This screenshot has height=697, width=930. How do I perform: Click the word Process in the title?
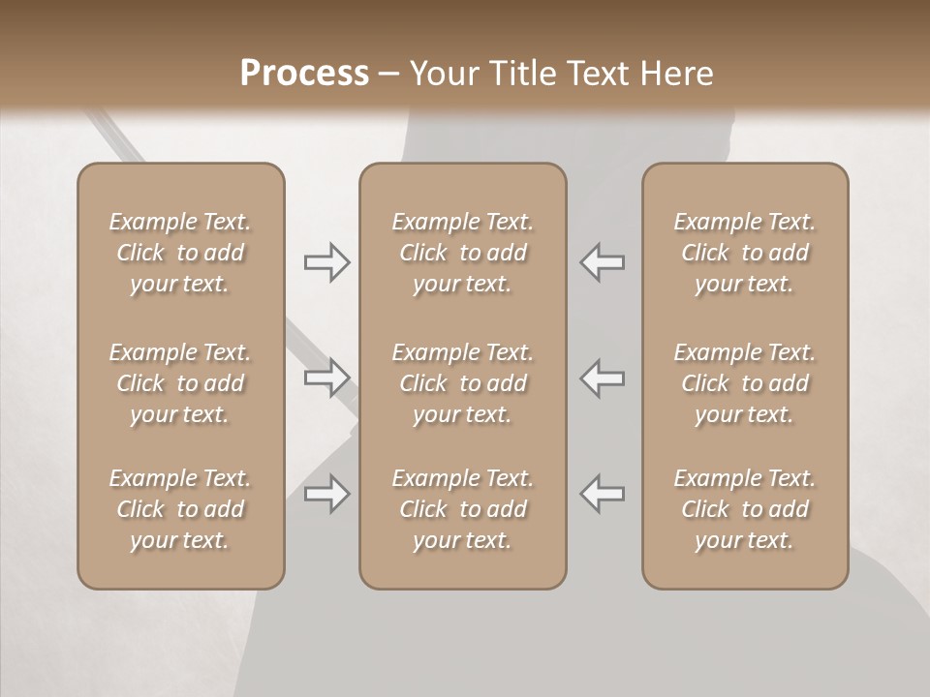(304, 73)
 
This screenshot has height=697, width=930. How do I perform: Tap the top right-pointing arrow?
(326, 262)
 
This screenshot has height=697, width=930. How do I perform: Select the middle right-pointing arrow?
(326, 377)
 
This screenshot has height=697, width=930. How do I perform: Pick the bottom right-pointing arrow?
(326, 494)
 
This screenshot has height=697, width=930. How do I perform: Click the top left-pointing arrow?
(603, 262)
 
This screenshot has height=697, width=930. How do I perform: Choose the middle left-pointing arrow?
(603, 377)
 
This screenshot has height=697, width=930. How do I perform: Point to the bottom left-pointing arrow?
(603, 494)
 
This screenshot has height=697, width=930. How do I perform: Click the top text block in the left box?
(180, 253)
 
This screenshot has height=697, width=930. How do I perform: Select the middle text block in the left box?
(180, 383)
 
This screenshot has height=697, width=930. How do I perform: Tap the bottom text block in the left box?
(180, 509)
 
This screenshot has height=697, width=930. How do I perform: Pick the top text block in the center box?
(462, 253)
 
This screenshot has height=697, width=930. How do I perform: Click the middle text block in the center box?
(462, 383)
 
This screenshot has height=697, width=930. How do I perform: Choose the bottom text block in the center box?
(462, 509)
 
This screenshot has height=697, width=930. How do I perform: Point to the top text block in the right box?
(744, 253)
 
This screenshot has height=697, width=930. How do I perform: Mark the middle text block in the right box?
(744, 383)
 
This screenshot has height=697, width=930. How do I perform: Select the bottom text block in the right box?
(744, 509)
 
